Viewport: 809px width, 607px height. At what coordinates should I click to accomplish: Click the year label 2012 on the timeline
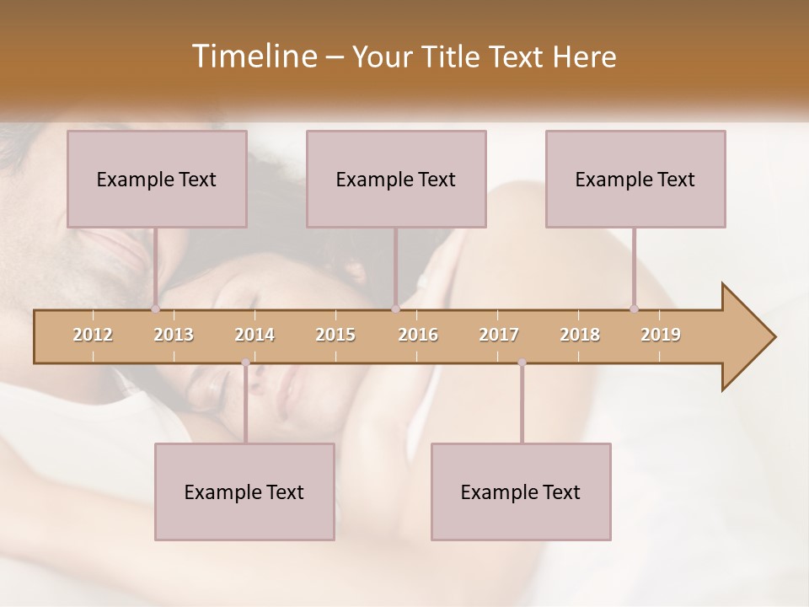[93, 335]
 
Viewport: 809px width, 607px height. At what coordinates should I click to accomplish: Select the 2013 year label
[174, 335]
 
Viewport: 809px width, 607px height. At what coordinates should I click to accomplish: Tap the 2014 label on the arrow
[254, 335]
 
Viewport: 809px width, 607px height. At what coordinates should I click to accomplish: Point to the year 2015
[335, 335]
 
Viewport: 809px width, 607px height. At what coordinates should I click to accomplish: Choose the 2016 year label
[418, 335]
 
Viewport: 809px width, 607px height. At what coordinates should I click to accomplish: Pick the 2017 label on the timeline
[499, 335]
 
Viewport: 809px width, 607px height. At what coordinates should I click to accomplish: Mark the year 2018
[580, 335]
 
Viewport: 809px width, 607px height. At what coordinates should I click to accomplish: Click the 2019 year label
[661, 335]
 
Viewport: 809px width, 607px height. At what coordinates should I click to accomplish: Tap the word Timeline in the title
[254, 56]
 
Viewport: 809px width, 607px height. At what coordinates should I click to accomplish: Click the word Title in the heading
[452, 56]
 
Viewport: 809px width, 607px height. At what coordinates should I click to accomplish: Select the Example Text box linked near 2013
[157, 179]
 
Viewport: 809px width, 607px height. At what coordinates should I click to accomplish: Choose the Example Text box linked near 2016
[396, 179]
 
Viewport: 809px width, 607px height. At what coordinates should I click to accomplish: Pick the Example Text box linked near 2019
[635, 179]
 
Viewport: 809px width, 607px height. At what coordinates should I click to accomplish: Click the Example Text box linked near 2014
[244, 492]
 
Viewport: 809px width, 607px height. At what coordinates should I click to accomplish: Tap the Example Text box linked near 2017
[521, 492]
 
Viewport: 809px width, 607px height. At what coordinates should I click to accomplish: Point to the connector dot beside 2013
[155, 309]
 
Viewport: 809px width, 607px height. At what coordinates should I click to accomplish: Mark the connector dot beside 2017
[522, 363]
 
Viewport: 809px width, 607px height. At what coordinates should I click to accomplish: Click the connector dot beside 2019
[634, 309]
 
